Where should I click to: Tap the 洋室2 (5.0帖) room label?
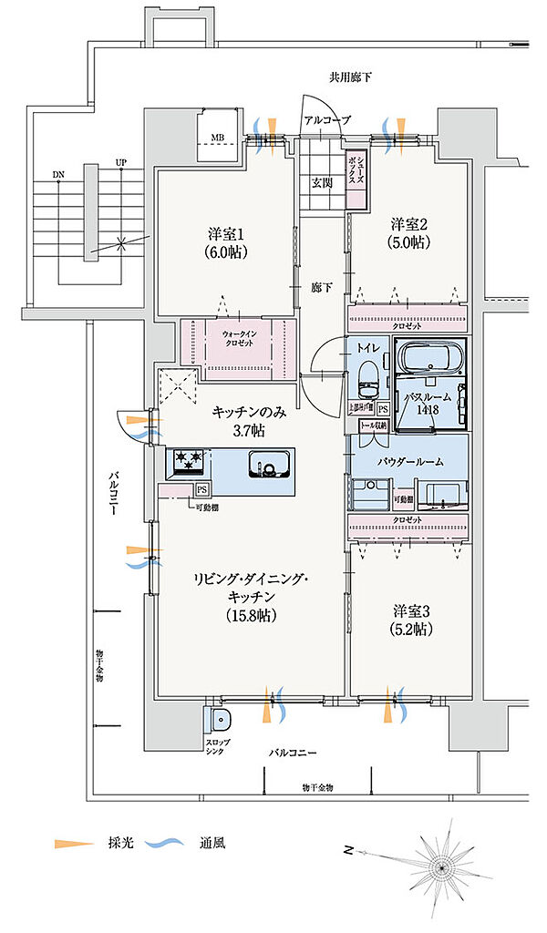point(410,233)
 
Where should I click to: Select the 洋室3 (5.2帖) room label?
point(412,619)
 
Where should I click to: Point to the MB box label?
point(217,138)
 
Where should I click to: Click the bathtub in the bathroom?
point(429,360)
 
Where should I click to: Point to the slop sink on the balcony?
point(220,720)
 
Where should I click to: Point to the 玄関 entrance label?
point(321,182)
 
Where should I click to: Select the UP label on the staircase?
point(120,164)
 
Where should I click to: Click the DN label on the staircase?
point(58,173)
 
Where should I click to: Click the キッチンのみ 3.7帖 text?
point(249,420)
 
